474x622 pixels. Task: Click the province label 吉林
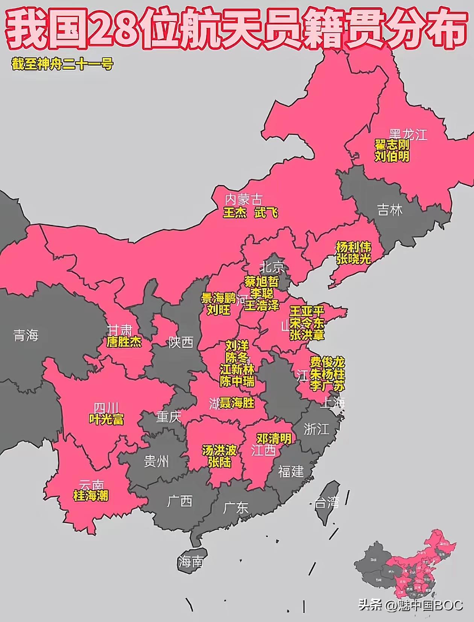coord(390,210)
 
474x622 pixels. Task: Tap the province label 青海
coord(26,335)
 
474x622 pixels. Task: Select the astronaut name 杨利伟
coord(353,247)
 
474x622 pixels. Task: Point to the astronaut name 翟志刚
coord(392,145)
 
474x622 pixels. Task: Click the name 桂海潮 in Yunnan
coord(91,496)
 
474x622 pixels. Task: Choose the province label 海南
coord(191,561)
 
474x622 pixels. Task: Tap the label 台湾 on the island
coord(327,502)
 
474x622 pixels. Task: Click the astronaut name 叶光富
coord(106,419)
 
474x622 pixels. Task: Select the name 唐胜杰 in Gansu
coord(124,342)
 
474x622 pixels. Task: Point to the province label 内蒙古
coord(243,199)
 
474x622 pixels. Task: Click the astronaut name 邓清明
coord(273,438)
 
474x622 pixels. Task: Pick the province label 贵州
coord(156,461)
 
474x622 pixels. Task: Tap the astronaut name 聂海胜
coord(237,403)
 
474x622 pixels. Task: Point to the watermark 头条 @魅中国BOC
coord(410,605)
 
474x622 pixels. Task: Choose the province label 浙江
coord(316,429)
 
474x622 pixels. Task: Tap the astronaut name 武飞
coord(266,213)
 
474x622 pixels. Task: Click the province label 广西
coord(180,501)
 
